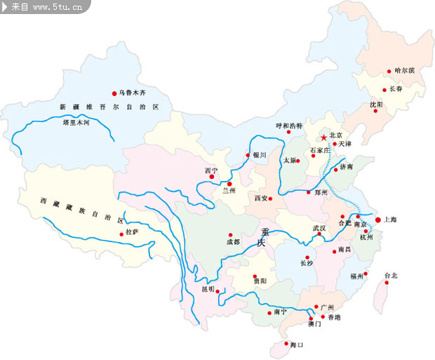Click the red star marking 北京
pyautogui.click(x=323, y=137)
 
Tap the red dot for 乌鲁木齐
pyautogui.click(x=114, y=93)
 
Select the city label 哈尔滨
pyautogui.click(x=405, y=71)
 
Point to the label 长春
pyautogui.click(x=396, y=90)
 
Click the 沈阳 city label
pyautogui.click(x=377, y=105)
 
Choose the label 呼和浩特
pyautogui.click(x=288, y=126)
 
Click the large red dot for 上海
pyautogui.click(x=378, y=220)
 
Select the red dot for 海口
pyautogui.click(x=285, y=345)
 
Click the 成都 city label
pyautogui.click(x=232, y=242)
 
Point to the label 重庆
pyautogui.click(x=262, y=237)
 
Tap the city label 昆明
pyautogui.click(x=208, y=288)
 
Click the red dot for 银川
pyautogui.click(x=248, y=155)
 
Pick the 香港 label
pyautogui.click(x=334, y=318)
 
